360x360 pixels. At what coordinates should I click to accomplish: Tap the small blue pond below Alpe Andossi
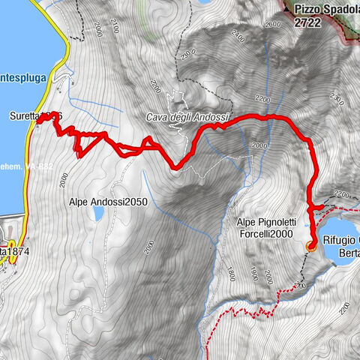98,215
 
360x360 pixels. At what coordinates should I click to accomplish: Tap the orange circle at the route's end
311,244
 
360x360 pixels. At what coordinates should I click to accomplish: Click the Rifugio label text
340,241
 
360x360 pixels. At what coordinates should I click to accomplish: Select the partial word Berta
347,253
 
